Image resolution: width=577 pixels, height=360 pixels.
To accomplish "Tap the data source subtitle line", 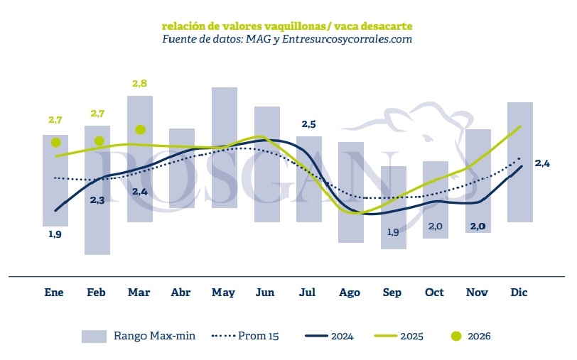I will click(287, 39).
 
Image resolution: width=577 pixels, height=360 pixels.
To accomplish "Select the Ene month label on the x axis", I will click(54, 293).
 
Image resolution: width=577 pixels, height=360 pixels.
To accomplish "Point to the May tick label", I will click(224, 293).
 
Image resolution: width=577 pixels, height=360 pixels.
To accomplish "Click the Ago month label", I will click(350, 293).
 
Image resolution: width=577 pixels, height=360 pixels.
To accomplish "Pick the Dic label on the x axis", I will click(519, 293).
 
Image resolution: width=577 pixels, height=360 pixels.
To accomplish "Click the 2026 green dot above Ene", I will click(55, 143).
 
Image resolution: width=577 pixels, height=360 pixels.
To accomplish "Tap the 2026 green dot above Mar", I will click(140, 129).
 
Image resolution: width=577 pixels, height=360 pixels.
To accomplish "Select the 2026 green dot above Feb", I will click(99, 141).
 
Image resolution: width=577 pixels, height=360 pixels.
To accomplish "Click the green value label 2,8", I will click(140, 84).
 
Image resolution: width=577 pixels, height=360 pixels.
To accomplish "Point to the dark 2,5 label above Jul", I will click(309, 124).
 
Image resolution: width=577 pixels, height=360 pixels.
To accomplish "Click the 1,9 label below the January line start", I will click(55, 234).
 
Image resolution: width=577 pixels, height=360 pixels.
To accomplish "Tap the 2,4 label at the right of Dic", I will click(542, 163).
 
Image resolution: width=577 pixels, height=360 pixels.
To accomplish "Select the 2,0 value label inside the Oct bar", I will click(436, 227).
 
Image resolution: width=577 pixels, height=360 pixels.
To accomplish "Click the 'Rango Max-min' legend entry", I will click(139, 336).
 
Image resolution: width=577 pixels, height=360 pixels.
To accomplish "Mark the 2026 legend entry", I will click(470, 336).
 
